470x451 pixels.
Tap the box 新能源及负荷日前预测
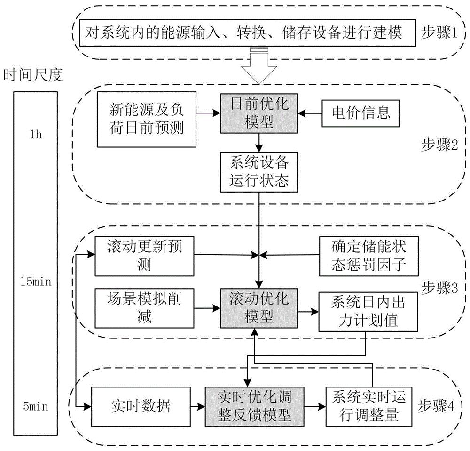[146, 119]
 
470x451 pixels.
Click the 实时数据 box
[141, 405]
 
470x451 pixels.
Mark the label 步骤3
[438, 286]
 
